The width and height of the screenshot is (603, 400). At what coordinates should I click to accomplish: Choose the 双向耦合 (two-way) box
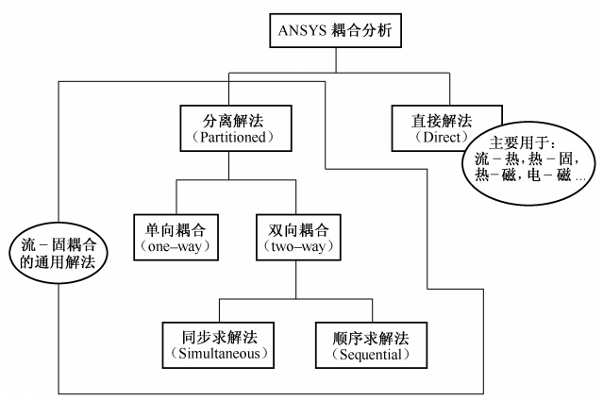294,237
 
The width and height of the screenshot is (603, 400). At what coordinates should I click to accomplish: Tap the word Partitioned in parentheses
232,138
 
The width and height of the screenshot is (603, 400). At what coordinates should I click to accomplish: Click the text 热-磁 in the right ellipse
494,175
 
